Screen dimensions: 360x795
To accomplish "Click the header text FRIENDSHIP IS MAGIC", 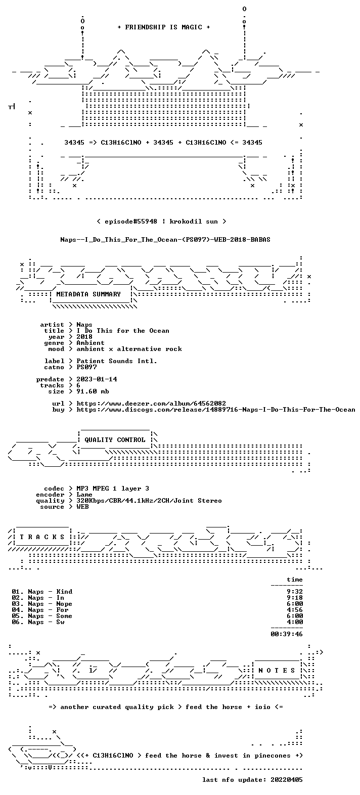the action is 164,27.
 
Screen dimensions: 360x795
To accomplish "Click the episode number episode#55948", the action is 131,222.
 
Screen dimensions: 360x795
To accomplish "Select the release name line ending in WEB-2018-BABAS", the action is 165,240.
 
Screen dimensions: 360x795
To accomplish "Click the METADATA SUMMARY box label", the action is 88,294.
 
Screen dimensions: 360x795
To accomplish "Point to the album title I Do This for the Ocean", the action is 123,331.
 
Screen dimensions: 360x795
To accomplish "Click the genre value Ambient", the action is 91,343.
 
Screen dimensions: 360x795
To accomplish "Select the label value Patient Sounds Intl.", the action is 117,361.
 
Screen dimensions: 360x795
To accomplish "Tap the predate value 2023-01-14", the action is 97,379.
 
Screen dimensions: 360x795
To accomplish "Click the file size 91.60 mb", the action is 93,391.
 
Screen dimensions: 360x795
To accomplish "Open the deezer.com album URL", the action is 151,404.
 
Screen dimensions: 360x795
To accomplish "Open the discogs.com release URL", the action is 215,410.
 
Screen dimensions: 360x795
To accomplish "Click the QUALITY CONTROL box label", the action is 115,440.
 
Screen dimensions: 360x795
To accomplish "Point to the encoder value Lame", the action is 84,495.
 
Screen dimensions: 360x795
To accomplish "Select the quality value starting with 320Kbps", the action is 149,501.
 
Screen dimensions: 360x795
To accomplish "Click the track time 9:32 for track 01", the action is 295,592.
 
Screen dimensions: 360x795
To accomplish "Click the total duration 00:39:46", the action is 287,634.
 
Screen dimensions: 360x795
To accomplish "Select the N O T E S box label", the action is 277,671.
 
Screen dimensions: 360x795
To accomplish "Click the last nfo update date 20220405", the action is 287,787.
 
